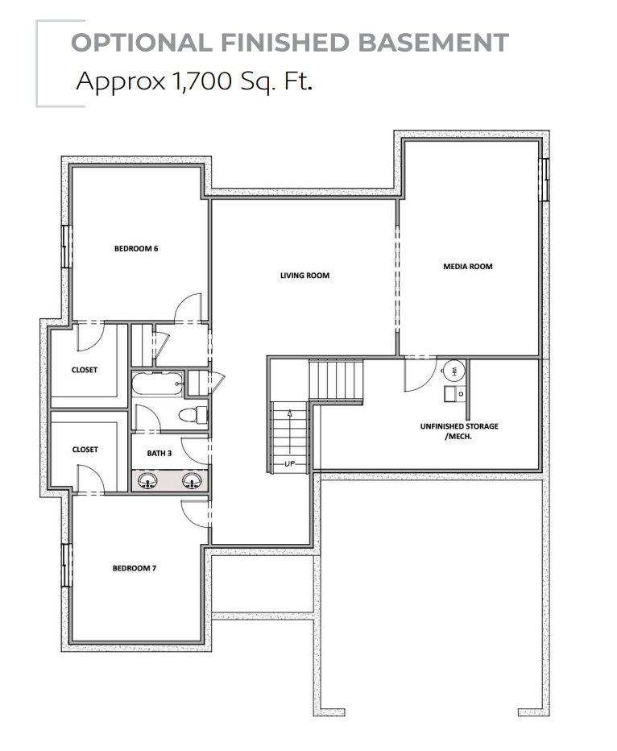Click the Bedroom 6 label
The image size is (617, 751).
[x=136, y=248]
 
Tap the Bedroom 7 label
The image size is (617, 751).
[x=134, y=568]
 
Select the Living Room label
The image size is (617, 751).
[x=304, y=276]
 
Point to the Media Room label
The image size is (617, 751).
[x=467, y=266]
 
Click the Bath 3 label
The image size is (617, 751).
[x=159, y=453]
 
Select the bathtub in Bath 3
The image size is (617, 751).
[x=158, y=384]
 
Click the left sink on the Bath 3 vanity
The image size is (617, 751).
[x=148, y=481]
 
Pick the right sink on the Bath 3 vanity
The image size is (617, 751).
[x=192, y=481]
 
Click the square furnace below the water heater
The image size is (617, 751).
[x=451, y=394]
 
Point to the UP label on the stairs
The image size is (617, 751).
[x=289, y=464]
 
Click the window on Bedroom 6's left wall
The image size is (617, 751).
[x=66, y=246]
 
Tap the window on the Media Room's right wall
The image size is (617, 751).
[x=545, y=179]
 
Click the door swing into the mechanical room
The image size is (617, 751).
[x=417, y=375]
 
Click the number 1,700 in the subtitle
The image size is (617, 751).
[x=198, y=81]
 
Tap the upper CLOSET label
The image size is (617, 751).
[x=85, y=370]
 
